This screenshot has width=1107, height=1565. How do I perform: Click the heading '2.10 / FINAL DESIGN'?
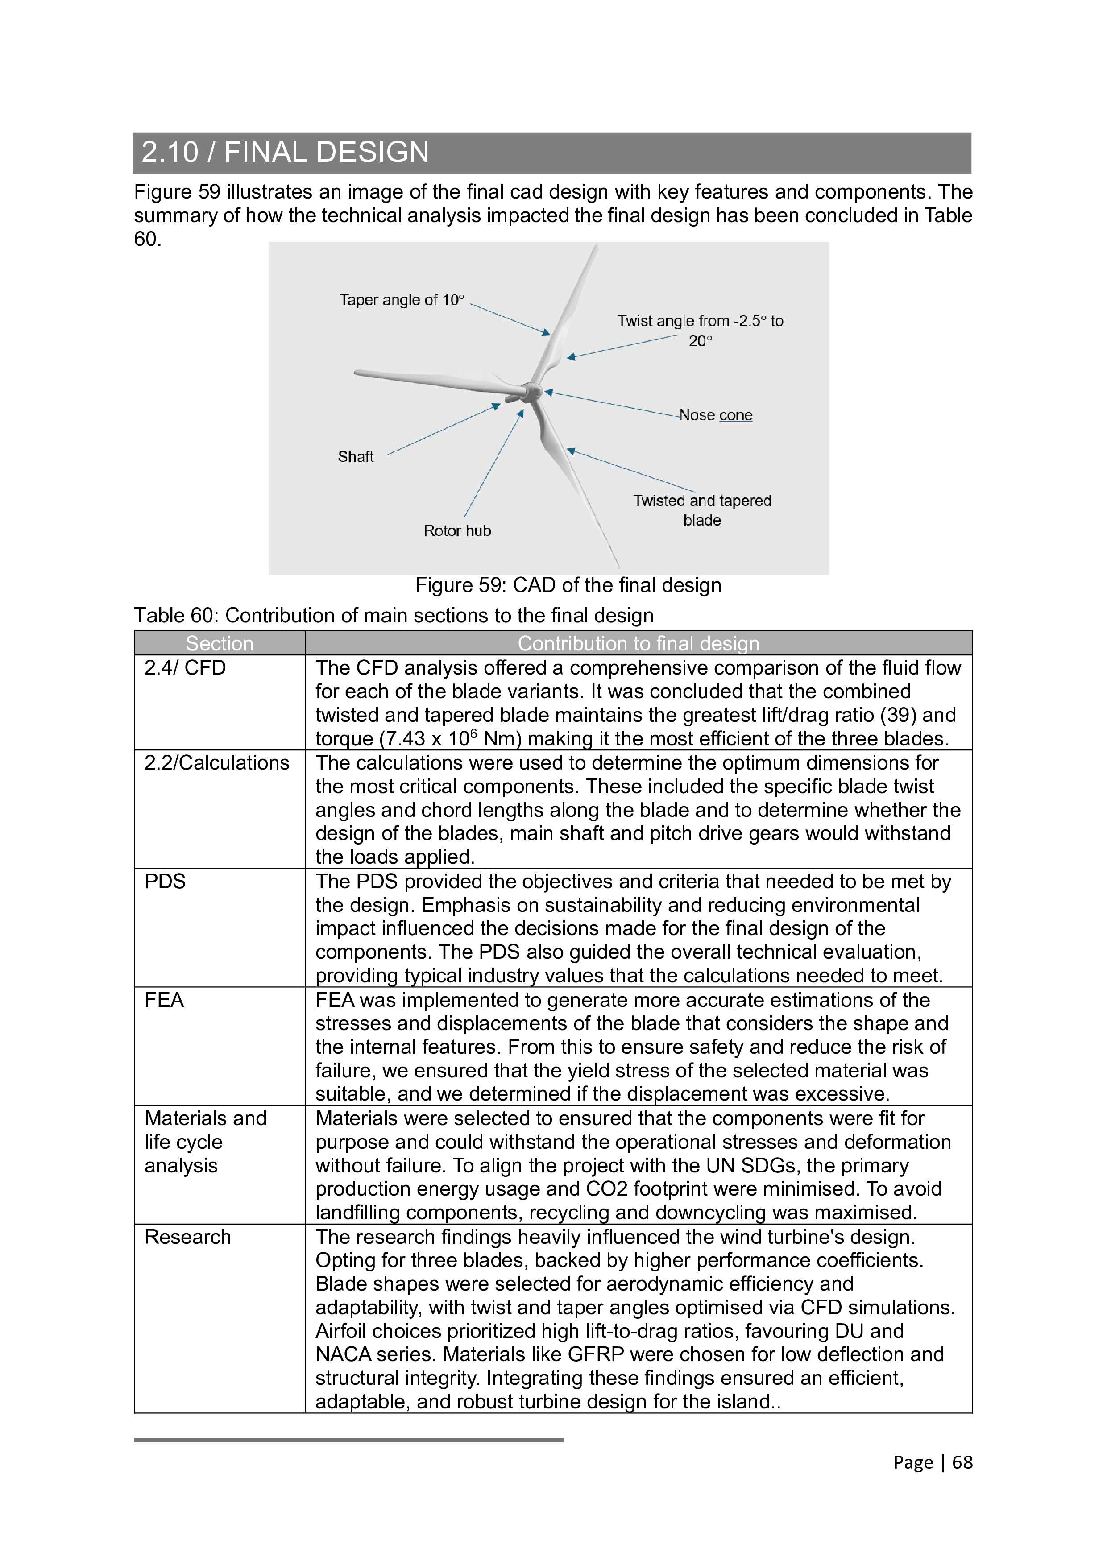(x=285, y=152)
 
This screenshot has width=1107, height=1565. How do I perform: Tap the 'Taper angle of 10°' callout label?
(x=402, y=300)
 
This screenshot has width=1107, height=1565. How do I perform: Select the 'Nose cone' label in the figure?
(x=716, y=415)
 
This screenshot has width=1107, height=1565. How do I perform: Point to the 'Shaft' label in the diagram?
(x=355, y=457)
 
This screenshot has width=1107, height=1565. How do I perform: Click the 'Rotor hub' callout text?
(x=457, y=531)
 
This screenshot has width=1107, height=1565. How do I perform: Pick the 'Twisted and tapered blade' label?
(x=702, y=510)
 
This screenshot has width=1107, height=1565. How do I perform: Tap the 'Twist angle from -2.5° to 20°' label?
(x=700, y=331)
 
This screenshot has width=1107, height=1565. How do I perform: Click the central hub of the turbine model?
(x=532, y=392)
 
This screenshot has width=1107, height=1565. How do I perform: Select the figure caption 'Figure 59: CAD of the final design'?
(x=568, y=585)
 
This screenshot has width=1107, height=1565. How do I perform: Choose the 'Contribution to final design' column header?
(x=638, y=643)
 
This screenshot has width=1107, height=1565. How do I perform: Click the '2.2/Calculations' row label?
(x=217, y=763)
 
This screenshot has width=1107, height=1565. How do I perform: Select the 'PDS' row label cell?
(x=165, y=882)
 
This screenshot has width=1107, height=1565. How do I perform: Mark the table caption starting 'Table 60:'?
(x=393, y=616)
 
